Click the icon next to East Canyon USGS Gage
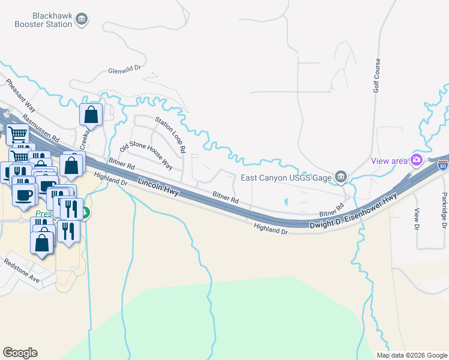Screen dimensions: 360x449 tap(340, 176)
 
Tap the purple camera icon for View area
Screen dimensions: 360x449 tap(416, 160)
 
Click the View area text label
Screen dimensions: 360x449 tap(388, 160)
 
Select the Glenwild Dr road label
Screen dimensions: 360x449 tap(124, 70)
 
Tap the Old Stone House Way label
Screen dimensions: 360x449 tap(146, 155)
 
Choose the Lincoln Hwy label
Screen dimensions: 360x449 tap(158, 188)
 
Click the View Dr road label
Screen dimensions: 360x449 tap(417, 219)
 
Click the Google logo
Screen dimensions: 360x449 tap(20, 353)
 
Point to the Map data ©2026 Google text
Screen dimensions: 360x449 tap(412, 355)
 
